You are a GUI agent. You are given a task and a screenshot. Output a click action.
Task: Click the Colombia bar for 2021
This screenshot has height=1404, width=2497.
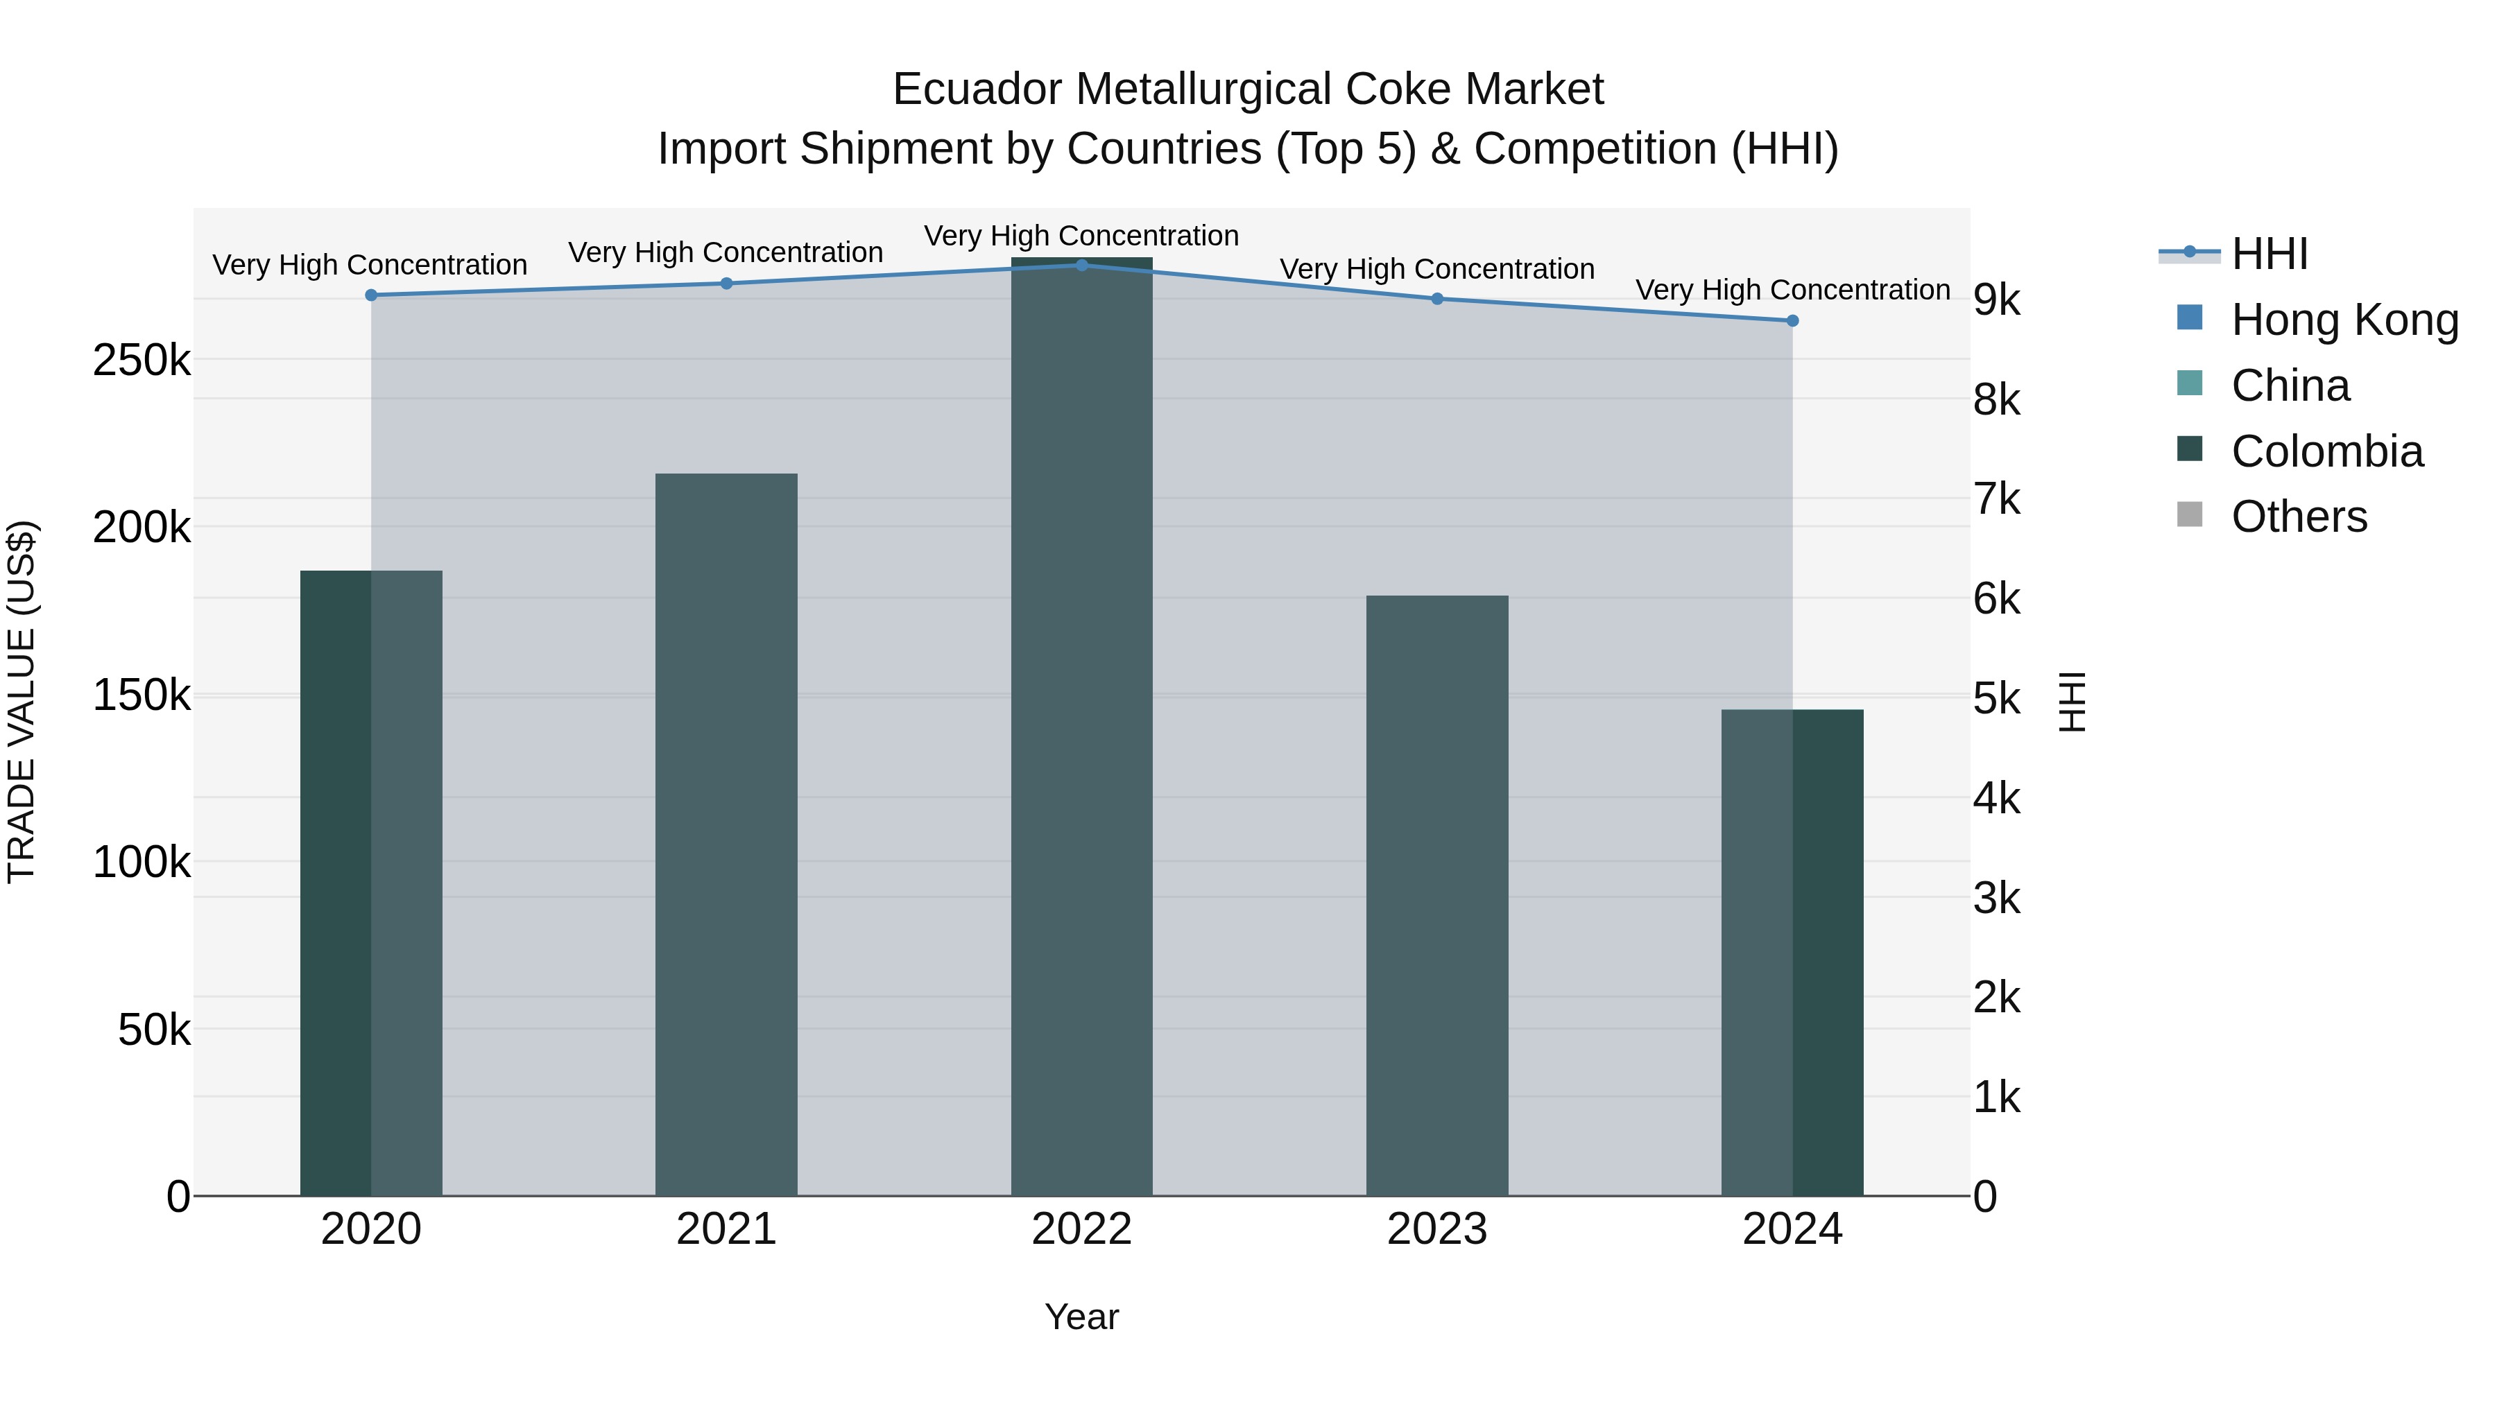coord(726,833)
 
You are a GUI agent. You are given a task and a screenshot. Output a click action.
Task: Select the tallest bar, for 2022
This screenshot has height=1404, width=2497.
coord(1082,727)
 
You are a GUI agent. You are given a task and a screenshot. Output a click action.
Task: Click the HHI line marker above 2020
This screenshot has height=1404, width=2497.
coord(371,295)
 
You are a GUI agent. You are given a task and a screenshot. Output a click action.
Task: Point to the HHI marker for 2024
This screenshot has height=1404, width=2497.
coord(1792,321)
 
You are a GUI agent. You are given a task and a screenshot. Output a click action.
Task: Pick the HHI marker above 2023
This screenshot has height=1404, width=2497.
coord(1438,298)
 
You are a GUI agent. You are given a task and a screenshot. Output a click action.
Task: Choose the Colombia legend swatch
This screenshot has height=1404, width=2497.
coord(2190,449)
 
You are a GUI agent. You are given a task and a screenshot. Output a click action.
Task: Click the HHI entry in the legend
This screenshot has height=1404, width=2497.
coord(2268,254)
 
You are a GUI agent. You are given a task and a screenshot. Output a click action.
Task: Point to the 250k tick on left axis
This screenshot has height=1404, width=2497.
coord(141,361)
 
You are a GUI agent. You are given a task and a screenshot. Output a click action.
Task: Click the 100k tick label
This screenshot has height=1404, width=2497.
coord(141,861)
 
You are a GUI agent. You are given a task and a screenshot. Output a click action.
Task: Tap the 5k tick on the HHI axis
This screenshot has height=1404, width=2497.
coord(1997,699)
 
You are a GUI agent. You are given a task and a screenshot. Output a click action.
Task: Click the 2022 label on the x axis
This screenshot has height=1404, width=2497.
coord(1082,1229)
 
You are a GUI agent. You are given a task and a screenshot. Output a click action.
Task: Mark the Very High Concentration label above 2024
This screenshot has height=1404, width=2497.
coord(1792,290)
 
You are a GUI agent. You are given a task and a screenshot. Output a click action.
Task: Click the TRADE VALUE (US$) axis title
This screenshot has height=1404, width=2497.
coord(22,702)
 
